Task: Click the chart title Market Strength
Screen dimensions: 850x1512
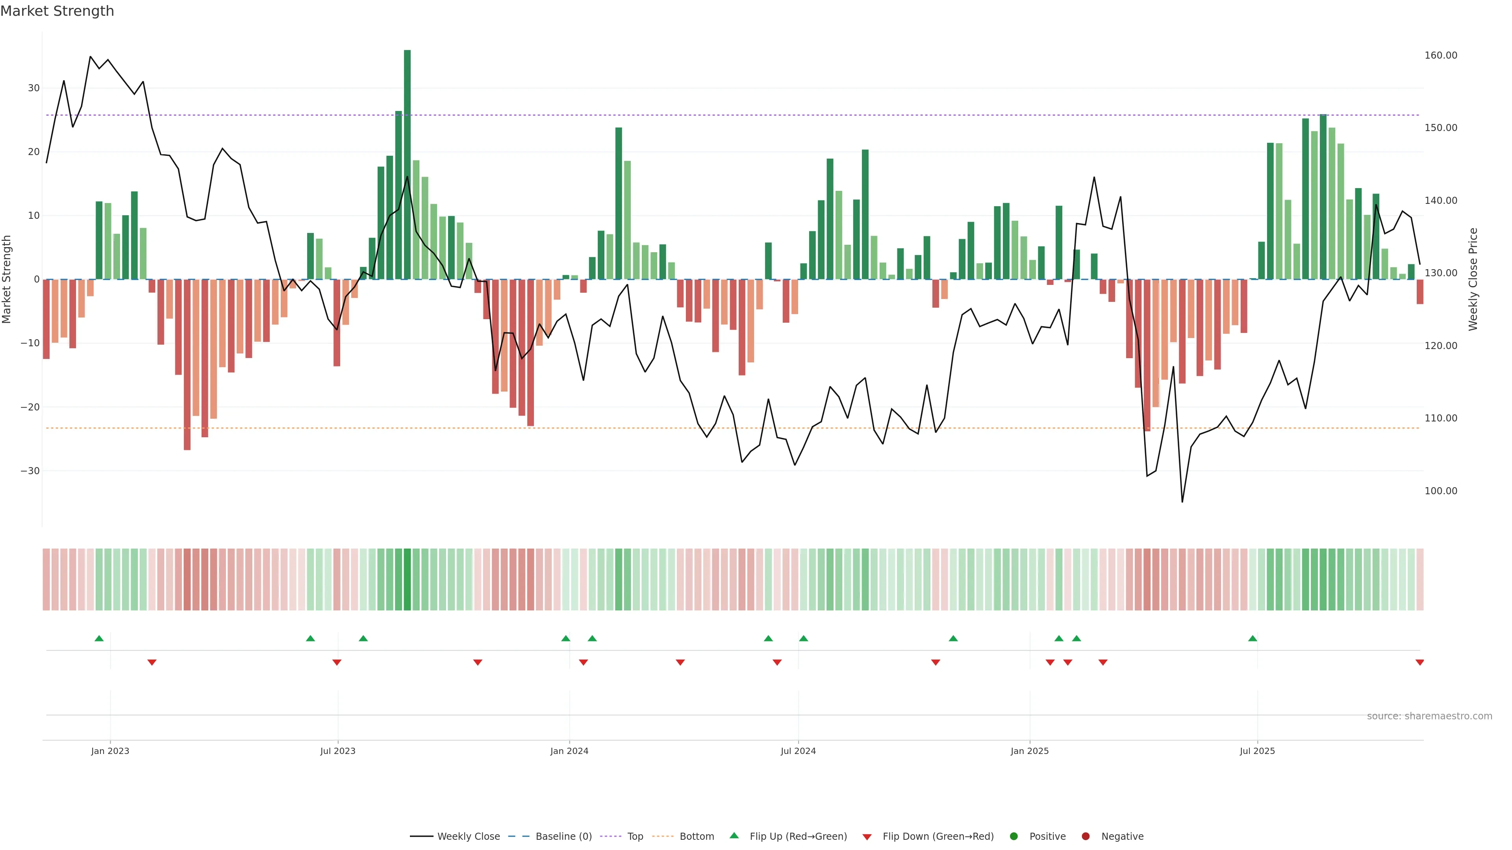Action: tap(57, 11)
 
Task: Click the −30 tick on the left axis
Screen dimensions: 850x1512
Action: tap(30, 471)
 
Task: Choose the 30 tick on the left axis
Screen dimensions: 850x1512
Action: tap(33, 88)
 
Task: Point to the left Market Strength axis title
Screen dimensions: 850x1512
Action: tap(7, 279)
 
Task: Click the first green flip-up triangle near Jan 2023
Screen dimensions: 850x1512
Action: tap(99, 638)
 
